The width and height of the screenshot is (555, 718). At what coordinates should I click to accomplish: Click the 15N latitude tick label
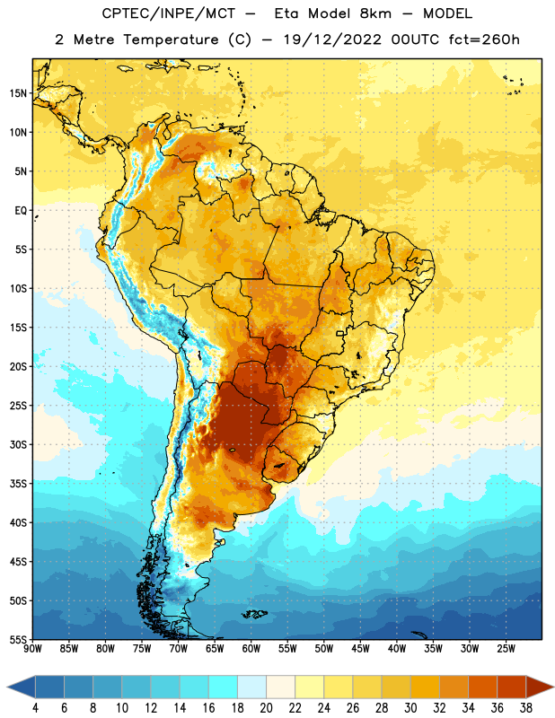point(18,93)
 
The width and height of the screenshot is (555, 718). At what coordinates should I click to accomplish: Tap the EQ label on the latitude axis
point(21,211)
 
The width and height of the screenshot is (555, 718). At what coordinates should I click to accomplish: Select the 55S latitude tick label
point(18,639)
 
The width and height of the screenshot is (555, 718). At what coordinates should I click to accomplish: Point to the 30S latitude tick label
point(18,444)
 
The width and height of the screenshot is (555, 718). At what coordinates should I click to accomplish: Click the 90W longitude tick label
point(32,648)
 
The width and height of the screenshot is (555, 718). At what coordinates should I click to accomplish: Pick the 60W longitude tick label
point(251,648)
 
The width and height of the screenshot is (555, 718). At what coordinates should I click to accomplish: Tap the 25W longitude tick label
point(506,648)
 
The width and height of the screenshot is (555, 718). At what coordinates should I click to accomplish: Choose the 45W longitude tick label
point(360,648)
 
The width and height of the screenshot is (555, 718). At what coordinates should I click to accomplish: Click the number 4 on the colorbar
point(35,708)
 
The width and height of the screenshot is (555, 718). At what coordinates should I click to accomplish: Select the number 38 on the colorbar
point(525,708)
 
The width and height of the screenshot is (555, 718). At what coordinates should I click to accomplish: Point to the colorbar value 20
point(266,708)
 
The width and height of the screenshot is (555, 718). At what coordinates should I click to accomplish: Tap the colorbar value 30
point(410,708)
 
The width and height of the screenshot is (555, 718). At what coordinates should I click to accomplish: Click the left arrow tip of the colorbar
point(7,687)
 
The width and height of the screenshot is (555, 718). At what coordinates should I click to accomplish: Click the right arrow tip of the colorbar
point(553,687)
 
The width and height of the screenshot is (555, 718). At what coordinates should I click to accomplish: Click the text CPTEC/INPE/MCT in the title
point(168,13)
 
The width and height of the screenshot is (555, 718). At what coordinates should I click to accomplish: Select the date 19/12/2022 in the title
point(332,39)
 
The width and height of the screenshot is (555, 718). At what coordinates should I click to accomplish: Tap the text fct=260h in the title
point(484,39)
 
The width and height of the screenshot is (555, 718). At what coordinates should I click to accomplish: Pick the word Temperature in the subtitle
point(171,40)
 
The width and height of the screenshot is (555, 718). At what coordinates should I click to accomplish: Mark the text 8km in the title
point(375,13)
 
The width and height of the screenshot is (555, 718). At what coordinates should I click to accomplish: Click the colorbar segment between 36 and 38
point(512,687)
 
